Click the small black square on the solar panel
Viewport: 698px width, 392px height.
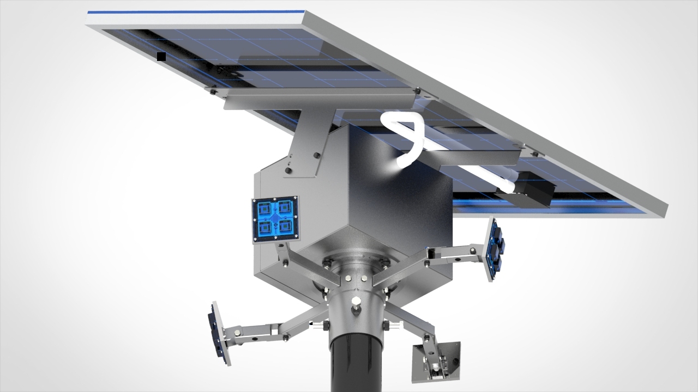point(161,56)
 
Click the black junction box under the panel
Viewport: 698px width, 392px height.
point(527,188)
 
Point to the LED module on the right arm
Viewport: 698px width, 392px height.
point(494,249)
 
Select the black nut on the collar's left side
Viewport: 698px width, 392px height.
point(326,325)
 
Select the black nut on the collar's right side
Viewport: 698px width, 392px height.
point(386,325)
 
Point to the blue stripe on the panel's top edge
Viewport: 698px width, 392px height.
point(196,13)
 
